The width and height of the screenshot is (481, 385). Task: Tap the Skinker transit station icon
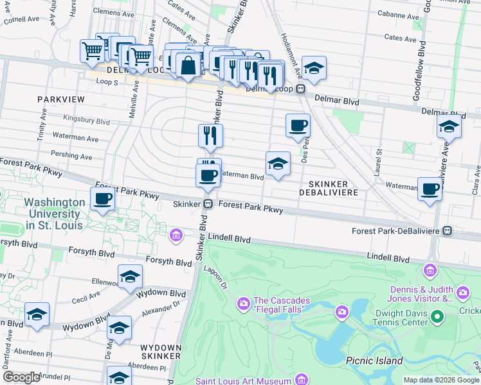[208, 204]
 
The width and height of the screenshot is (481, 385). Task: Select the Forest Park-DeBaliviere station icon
[448, 230]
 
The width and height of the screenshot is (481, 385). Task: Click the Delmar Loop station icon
[300, 89]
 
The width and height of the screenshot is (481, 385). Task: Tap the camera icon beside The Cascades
[243, 302]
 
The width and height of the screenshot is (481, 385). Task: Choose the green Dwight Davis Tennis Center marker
[437, 316]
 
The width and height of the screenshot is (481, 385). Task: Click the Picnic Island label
[374, 361]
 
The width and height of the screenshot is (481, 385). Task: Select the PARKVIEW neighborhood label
[60, 99]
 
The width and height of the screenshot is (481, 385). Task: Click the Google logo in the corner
[21, 377]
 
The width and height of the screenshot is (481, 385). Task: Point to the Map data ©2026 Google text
[441, 380]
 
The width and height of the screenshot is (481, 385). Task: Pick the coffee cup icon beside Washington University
[102, 199]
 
